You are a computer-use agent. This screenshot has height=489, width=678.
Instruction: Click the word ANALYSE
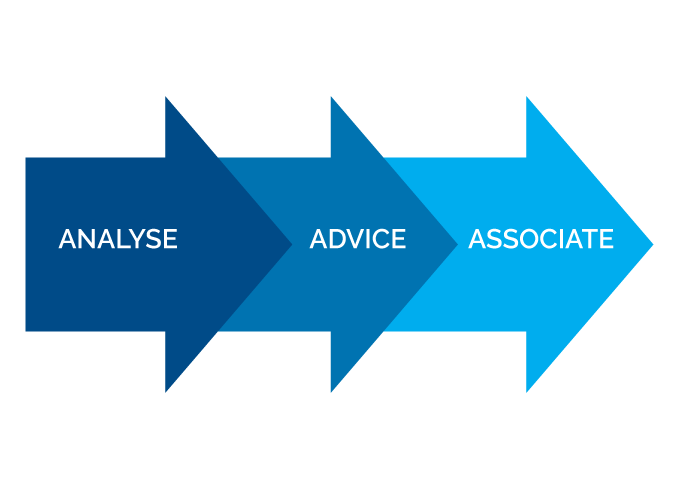click(x=118, y=240)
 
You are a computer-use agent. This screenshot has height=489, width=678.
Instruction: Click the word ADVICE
click(x=358, y=240)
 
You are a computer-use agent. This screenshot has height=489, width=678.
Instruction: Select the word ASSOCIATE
click(x=541, y=240)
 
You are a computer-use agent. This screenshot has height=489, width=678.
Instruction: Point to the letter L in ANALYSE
click(x=119, y=240)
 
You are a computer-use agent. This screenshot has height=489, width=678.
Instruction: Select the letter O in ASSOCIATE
click(x=527, y=240)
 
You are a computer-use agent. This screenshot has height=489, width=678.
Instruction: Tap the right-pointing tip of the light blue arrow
click(x=652, y=243)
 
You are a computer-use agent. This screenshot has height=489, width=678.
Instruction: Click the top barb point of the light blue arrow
click(x=527, y=97)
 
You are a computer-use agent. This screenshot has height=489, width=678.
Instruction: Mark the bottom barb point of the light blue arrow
click(x=527, y=392)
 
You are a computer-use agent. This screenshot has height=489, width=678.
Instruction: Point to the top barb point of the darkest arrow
click(x=166, y=97)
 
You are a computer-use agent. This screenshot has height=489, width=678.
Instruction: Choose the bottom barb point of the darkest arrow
click(x=166, y=392)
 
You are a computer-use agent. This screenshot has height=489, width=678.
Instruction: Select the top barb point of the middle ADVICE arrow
click(x=331, y=97)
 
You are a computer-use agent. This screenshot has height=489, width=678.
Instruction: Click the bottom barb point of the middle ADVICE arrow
click(x=331, y=392)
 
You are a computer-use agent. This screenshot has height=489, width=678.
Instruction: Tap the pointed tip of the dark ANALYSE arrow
click(x=291, y=243)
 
